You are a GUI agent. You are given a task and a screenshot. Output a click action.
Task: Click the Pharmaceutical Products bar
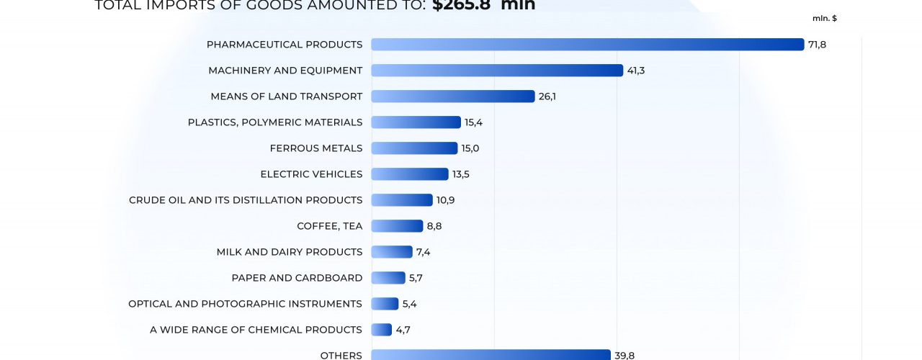[587, 45]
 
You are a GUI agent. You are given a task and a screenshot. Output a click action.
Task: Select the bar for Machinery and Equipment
[497, 71]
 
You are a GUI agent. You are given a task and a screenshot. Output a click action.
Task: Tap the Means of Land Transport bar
[452, 96]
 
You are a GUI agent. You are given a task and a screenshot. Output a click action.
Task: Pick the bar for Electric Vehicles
[409, 174]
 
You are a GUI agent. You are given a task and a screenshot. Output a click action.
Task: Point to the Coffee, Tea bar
[397, 226]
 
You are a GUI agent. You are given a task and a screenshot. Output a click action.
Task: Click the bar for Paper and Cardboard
[388, 278]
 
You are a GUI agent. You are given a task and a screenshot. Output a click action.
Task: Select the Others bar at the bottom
[491, 354]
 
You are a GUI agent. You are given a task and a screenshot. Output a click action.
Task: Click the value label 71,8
[817, 45]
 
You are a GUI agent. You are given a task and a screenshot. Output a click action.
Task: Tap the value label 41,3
[635, 71]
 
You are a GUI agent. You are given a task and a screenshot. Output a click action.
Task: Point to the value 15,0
[470, 148]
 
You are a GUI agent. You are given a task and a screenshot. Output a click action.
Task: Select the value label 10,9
[445, 200]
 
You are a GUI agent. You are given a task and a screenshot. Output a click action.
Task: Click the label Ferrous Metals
[316, 148]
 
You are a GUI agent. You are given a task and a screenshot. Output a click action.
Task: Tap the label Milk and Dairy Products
[290, 252]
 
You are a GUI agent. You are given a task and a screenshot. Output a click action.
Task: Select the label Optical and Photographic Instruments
[245, 304]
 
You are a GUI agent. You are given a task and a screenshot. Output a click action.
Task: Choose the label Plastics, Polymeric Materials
[275, 122]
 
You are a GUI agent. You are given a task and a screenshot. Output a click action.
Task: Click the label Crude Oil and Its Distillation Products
[246, 200]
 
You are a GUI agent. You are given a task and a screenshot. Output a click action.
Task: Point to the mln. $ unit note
[824, 18]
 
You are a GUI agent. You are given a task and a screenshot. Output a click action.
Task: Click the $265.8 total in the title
[461, 6]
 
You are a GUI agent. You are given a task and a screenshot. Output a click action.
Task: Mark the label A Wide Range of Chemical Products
[256, 330]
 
